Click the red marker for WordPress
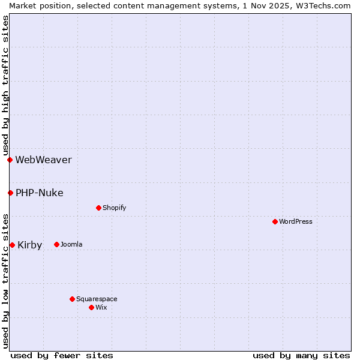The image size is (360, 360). pyautogui.click(x=275, y=221)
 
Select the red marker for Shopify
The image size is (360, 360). pyautogui.click(x=98, y=208)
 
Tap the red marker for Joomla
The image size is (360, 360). pyautogui.click(x=56, y=244)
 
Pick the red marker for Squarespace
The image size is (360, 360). pyautogui.click(x=72, y=299)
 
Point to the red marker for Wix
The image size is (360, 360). pyautogui.click(x=91, y=307)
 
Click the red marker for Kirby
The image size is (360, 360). pyautogui.click(x=12, y=245)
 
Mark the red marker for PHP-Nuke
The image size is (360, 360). pyautogui.click(x=10, y=193)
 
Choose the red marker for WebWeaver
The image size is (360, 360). pyautogui.click(x=10, y=160)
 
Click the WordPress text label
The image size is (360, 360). pyautogui.click(x=296, y=221)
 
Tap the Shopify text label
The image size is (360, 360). pyautogui.click(x=114, y=208)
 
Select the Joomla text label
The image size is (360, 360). pyautogui.click(x=71, y=244)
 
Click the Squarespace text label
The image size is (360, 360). pyautogui.click(x=97, y=299)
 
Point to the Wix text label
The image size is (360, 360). pyautogui.click(x=101, y=307)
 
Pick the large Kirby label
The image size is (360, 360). pyautogui.click(x=30, y=245)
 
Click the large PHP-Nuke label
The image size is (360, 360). pyautogui.click(x=40, y=193)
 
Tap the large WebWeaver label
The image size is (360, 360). pyautogui.click(x=43, y=160)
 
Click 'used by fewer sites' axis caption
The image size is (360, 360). pyautogui.click(x=62, y=355)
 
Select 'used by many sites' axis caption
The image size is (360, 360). pyautogui.click(x=301, y=355)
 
